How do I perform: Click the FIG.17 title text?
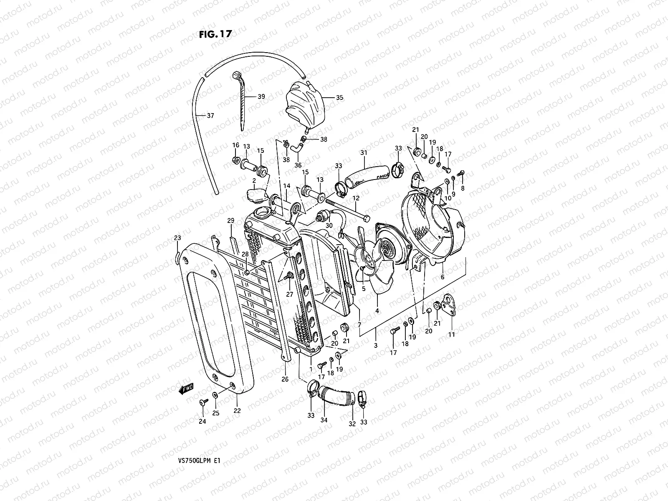[x=215, y=34]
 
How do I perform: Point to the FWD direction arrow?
[x=186, y=389]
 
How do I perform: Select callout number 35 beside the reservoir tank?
[x=339, y=98]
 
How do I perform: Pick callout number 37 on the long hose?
[x=210, y=116]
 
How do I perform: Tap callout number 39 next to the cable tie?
[x=261, y=96]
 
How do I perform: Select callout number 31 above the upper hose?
[x=364, y=153]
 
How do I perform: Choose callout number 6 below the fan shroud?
[x=443, y=277]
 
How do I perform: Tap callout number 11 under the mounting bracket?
[x=451, y=334]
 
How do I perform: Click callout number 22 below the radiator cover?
[x=237, y=411]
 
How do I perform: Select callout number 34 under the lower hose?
[x=324, y=420]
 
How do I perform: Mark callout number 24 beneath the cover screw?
[x=202, y=422]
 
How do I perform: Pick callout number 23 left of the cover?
[x=177, y=238]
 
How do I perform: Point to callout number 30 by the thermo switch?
[x=329, y=225]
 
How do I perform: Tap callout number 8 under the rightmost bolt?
[x=462, y=188]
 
